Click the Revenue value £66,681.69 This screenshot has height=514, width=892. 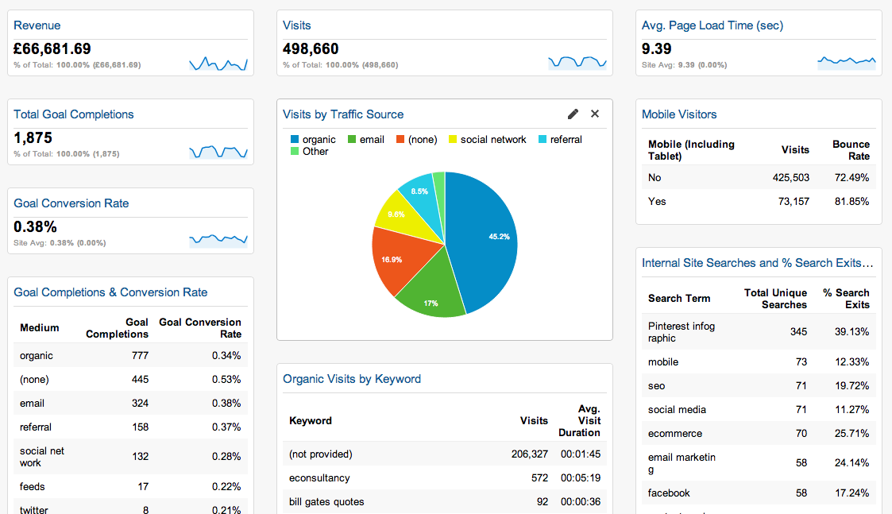coord(52,49)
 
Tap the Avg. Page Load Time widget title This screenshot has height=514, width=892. coord(712,25)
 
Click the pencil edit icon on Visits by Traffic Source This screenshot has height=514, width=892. coord(573,114)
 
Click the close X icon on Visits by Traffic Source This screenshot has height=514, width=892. coord(595,114)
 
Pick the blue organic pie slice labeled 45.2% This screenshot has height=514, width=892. coord(485,238)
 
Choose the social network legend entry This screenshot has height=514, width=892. coord(492,140)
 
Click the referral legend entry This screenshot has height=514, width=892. coord(566,140)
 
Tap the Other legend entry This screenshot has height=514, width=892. coord(315,152)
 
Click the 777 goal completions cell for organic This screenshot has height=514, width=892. coord(140,356)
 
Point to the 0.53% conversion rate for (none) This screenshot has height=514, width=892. coord(226,380)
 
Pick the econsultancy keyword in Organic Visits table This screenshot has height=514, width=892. coord(319,478)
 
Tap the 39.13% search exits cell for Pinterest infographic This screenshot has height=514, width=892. coord(851,331)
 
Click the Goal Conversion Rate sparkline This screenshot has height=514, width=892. coord(218,238)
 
